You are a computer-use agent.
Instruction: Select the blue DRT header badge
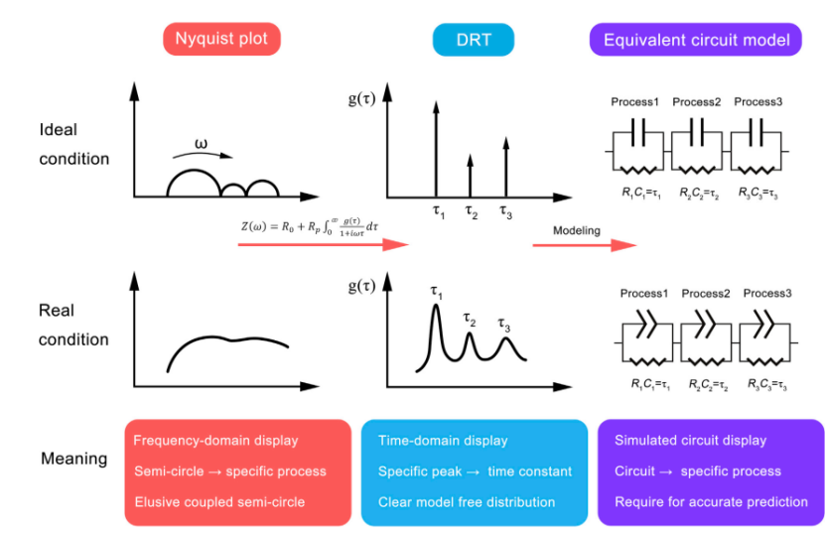pos(474,39)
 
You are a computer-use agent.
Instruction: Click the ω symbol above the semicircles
pos(202,145)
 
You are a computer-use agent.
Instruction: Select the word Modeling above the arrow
pos(577,230)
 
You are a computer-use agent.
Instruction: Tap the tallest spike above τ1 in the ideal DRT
pos(435,144)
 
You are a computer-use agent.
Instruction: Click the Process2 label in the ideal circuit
pos(697,101)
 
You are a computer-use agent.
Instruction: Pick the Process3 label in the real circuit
pos(767,293)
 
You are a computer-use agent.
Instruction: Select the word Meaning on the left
pos(73,459)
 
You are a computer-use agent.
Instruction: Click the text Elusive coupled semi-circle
pos(219,501)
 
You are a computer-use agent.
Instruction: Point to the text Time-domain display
pos(443,440)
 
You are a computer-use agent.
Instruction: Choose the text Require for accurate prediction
pos(711,501)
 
